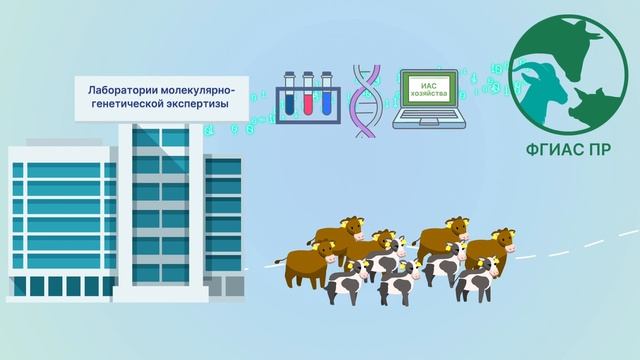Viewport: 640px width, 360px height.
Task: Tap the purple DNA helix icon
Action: coord(367,100)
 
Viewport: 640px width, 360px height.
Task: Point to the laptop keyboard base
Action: coord(428,125)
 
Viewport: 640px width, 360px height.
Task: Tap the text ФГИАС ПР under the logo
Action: coord(575,151)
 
